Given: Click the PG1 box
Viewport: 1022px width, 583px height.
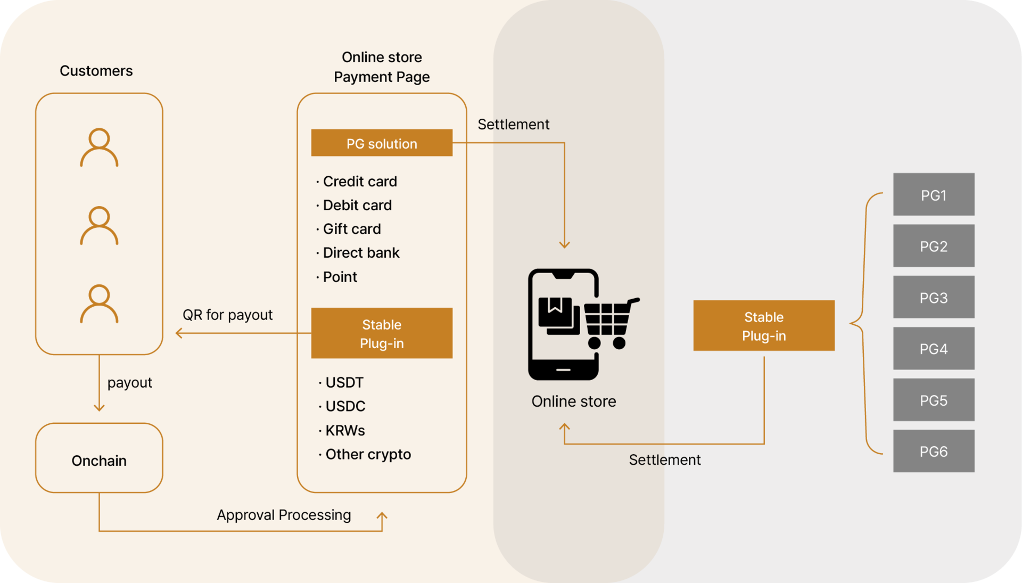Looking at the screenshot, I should (x=934, y=194).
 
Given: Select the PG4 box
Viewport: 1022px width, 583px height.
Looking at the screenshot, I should (x=934, y=349).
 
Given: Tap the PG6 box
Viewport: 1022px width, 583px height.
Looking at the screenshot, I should (x=934, y=451).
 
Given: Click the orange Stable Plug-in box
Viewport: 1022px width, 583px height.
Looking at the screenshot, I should (x=764, y=326).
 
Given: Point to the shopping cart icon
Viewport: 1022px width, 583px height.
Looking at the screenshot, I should (x=610, y=322).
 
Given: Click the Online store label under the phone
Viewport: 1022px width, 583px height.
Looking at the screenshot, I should (x=573, y=401).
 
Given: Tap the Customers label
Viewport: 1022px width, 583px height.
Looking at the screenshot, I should (x=96, y=71).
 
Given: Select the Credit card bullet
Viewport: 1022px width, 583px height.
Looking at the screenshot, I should (x=359, y=182).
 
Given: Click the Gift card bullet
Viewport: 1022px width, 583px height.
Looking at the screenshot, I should (x=351, y=229).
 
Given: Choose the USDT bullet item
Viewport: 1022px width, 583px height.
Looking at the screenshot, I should (x=344, y=382).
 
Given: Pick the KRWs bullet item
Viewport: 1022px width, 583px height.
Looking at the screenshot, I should (x=344, y=430).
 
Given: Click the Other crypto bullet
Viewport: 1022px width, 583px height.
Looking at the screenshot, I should (x=367, y=454).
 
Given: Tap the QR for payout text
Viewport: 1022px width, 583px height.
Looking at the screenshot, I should (x=227, y=315).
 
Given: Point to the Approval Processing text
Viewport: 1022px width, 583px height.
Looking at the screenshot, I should (x=284, y=515).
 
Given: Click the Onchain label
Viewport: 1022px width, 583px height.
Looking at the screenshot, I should (x=99, y=461).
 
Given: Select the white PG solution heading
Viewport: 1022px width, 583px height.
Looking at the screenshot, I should (x=382, y=144).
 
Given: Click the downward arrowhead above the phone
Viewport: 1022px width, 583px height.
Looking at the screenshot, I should (x=564, y=244).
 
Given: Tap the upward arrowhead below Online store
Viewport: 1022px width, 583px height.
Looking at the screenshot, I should (x=564, y=427).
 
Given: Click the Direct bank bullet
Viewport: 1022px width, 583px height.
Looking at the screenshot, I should (x=361, y=253).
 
